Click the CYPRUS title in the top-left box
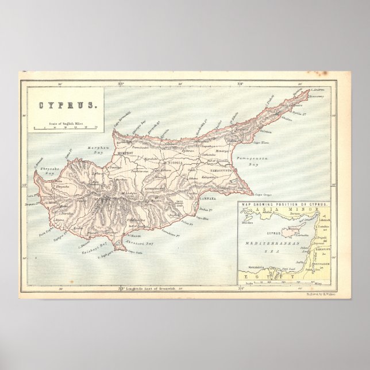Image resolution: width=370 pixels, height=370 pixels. [63, 106]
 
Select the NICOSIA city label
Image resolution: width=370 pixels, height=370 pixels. [175, 164]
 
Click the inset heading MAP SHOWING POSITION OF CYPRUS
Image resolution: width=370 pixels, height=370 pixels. [285, 205]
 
